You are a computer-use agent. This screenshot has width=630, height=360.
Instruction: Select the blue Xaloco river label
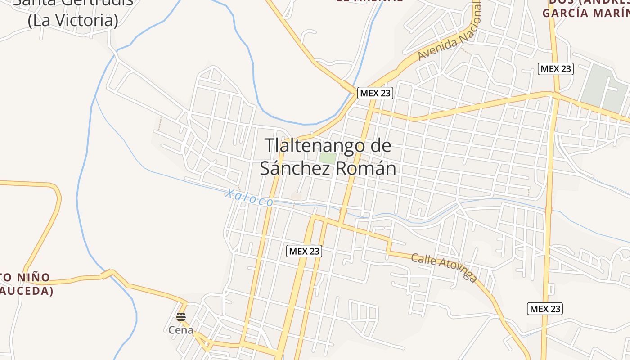pyautogui.click(x=249, y=198)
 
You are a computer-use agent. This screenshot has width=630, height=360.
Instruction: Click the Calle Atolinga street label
pyautogui.click(x=444, y=268)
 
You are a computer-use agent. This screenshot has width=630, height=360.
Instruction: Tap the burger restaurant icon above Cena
pyautogui.click(x=181, y=317)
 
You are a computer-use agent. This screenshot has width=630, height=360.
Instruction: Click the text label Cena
pyautogui.click(x=181, y=330)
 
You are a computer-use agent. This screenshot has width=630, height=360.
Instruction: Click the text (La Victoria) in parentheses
pyautogui.click(x=73, y=21)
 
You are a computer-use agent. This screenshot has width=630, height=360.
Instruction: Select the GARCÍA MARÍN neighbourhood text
pyautogui.click(x=585, y=13)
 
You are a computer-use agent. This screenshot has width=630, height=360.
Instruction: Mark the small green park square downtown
pyautogui.click(x=328, y=158)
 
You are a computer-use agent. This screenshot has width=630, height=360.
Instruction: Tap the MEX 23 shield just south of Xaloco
pyautogui.click(x=304, y=251)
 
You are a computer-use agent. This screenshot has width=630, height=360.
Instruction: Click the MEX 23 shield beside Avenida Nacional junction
pyautogui.click(x=375, y=93)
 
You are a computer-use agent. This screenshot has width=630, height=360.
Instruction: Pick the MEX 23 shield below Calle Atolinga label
pyautogui.click(x=544, y=309)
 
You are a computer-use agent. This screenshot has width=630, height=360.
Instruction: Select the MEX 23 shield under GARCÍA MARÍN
pyautogui.click(x=556, y=69)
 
